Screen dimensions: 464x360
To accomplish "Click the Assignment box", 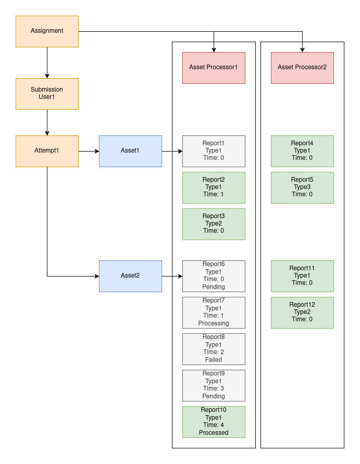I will [x=47, y=31].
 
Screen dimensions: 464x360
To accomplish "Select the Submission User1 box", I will [x=47, y=94].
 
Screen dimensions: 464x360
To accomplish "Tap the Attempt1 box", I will [x=47, y=151].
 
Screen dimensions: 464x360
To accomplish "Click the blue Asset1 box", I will [x=130, y=151].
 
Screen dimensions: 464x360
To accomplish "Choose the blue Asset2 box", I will [x=130, y=276].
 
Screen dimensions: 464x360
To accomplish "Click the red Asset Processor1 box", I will [x=214, y=68].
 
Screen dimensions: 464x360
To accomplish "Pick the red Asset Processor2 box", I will [x=302, y=68].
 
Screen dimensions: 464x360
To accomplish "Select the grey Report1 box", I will [x=214, y=151].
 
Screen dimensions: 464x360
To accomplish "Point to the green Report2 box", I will [x=214, y=187].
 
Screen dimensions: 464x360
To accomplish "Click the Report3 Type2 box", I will [x=214, y=224].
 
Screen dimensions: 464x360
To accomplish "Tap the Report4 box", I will [x=302, y=151].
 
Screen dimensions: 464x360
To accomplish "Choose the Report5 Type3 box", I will [x=302, y=187].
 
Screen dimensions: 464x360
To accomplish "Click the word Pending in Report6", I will [x=214, y=287].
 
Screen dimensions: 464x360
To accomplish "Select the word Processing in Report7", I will [x=214, y=323].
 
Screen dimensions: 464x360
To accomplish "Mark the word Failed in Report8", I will [x=214, y=360].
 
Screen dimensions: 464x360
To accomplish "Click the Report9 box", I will [x=214, y=385].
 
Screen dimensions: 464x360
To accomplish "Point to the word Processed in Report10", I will [x=214, y=433].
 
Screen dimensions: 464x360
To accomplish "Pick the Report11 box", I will [x=302, y=276].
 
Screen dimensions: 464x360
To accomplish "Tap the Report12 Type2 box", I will [x=302, y=312].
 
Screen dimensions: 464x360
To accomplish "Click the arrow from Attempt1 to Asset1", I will [x=89, y=151].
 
